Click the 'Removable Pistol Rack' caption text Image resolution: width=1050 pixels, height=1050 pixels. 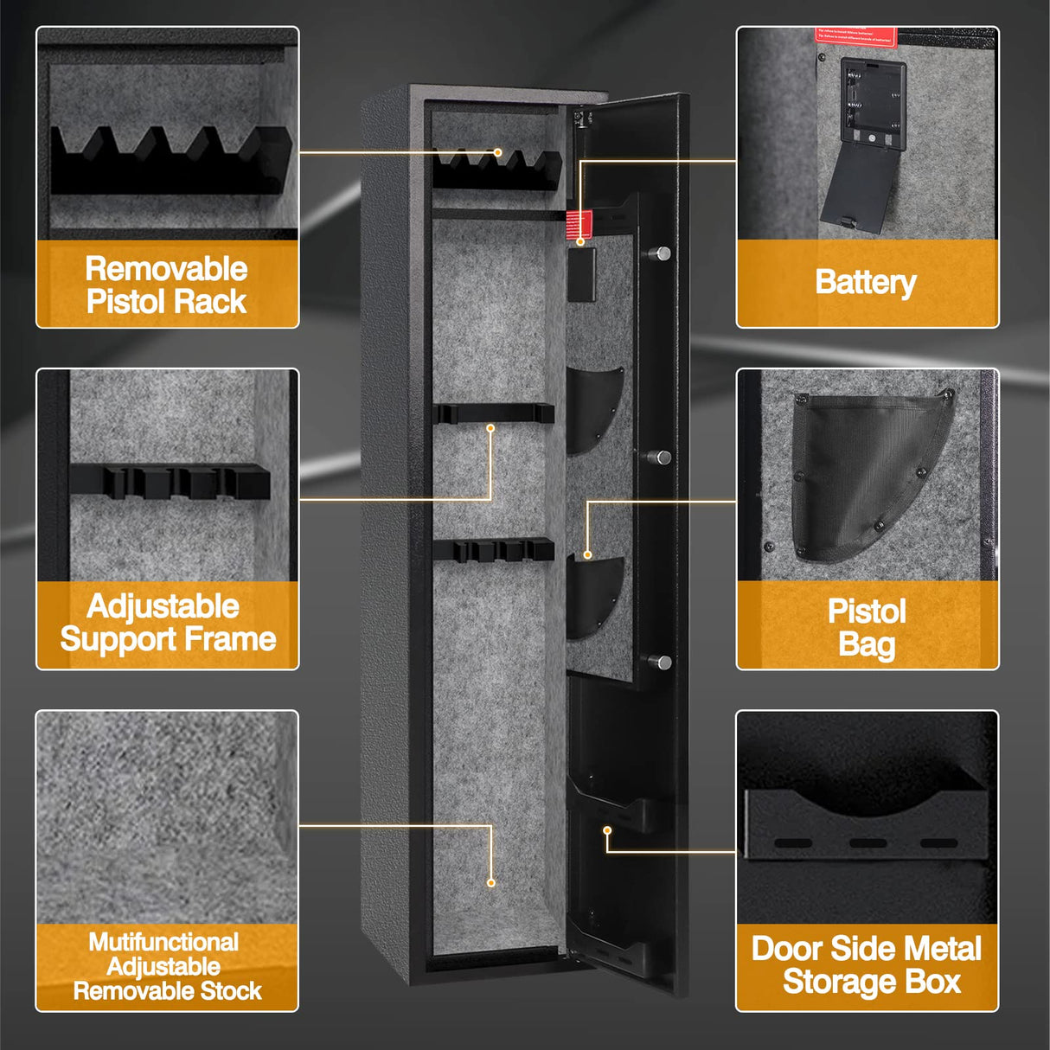pyautogui.click(x=167, y=285)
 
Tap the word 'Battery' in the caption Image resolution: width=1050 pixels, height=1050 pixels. pyautogui.click(x=866, y=282)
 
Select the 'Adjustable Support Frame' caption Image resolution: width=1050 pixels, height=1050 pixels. pyautogui.click(x=167, y=623)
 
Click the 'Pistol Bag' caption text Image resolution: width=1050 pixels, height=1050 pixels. pyautogui.click(x=867, y=627)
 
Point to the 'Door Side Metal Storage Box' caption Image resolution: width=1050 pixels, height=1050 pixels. pyautogui.click(x=868, y=965)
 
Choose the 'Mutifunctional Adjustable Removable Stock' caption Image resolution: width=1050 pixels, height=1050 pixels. pyautogui.click(x=167, y=966)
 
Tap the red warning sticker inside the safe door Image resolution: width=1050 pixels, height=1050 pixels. pyautogui.click(x=579, y=224)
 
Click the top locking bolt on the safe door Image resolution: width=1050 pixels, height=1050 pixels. pyautogui.click(x=661, y=253)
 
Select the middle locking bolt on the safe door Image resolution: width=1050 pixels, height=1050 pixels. pyautogui.click(x=661, y=458)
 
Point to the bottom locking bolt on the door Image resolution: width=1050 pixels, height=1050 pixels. pyautogui.click(x=661, y=663)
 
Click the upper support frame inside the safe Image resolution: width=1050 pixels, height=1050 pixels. pyautogui.click(x=493, y=413)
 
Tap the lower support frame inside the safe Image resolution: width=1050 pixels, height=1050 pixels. pyautogui.click(x=493, y=549)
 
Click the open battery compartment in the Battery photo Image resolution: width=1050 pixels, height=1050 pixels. pyautogui.click(x=873, y=108)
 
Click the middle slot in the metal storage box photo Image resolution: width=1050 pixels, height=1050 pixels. pyautogui.click(x=868, y=843)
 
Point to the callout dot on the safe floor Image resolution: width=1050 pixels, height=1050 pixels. pyautogui.click(x=491, y=882)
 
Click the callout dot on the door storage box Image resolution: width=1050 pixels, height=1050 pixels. pyautogui.click(x=607, y=830)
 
